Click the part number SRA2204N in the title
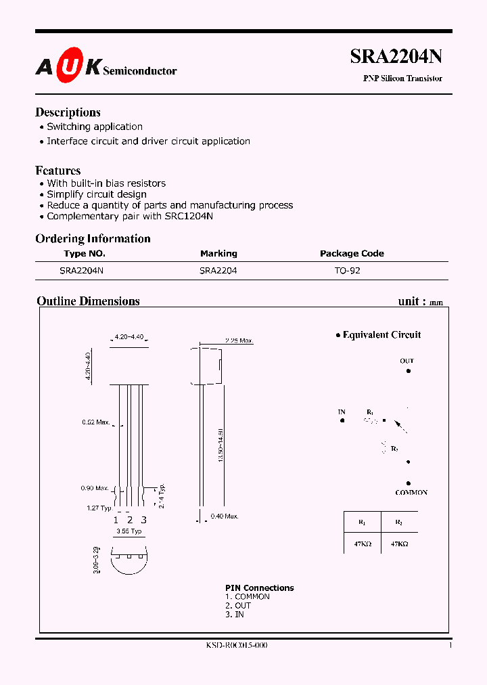(x=396, y=58)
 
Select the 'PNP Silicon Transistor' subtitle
(x=402, y=79)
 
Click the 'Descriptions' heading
(x=68, y=112)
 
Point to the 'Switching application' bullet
(x=94, y=127)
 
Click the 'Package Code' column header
(x=352, y=253)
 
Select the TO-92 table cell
(x=346, y=270)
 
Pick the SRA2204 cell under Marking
(x=218, y=270)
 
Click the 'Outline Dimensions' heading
(x=88, y=301)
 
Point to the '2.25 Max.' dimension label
(x=239, y=340)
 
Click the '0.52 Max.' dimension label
(x=96, y=422)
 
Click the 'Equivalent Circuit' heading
(x=381, y=334)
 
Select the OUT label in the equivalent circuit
(x=407, y=361)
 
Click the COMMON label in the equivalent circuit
(x=411, y=493)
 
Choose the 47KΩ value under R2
(x=399, y=544)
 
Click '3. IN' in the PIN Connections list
(x=235, y=614)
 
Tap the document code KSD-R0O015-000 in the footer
(x=237, y=646)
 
